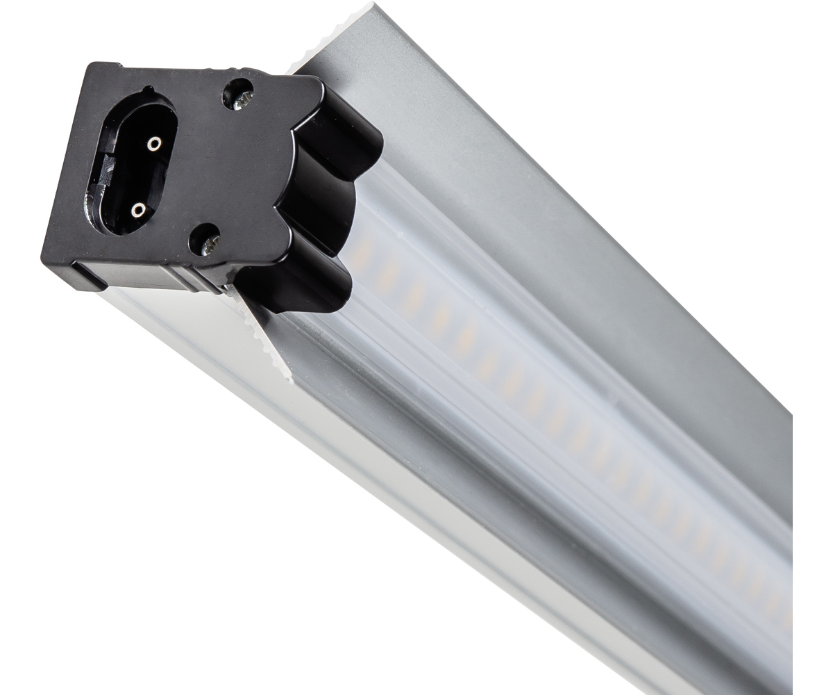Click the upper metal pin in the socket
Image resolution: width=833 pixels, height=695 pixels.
[x=153, y=143]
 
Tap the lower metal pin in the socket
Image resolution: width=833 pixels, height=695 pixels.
[x=139, y=208]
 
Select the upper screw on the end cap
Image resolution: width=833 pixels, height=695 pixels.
[x=238, y=96]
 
